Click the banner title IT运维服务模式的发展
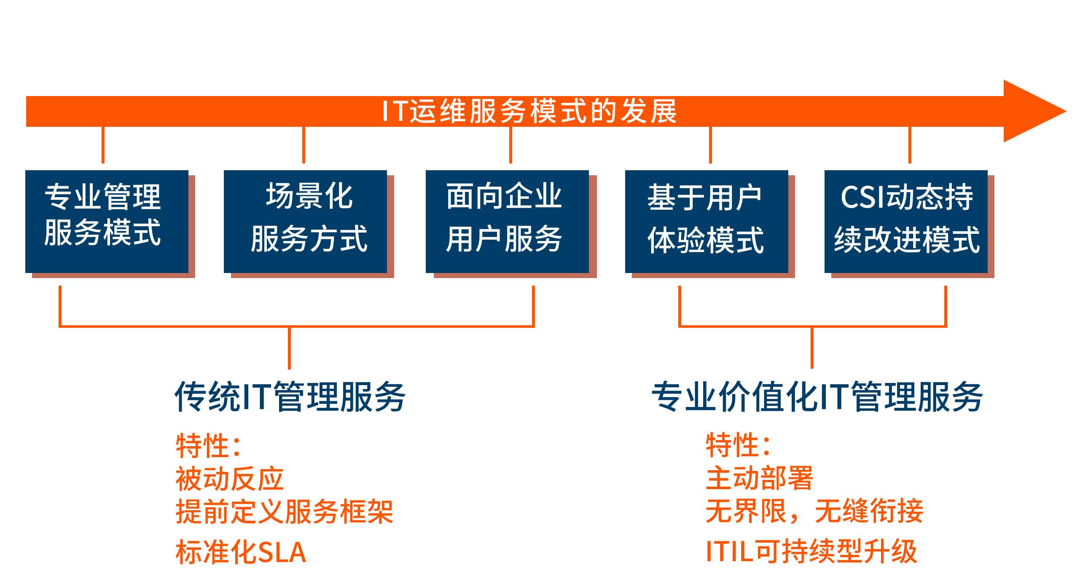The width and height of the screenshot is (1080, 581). coord(529,112)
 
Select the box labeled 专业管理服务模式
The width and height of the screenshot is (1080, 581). coord(107,222)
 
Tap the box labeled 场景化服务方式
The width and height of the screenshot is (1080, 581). coord(305,222)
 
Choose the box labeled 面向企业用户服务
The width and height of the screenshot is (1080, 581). coord(507,222)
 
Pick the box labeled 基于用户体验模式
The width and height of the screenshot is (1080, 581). coord(707,222)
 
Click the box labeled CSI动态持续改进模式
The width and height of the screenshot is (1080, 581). coord(906,222)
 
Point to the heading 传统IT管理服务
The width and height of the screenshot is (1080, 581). coord(290,396)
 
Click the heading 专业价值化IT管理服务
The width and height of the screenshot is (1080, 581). coord(817,396)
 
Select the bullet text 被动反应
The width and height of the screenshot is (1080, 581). coord(230,479)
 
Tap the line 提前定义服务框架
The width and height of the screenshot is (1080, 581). coord(285,511)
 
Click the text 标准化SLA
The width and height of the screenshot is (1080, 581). coord(241,552)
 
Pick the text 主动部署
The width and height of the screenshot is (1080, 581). coord(760,478)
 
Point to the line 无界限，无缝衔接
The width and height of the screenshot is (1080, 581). coord(814,511)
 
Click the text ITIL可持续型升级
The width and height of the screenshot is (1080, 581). coord(811,551)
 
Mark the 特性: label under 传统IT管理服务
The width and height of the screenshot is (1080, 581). coord(208,445)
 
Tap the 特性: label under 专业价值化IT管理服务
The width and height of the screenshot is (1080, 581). coord(739,444)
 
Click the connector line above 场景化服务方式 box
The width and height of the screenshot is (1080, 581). coord(304,145)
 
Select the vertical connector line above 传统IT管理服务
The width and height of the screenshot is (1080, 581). coord(289,348)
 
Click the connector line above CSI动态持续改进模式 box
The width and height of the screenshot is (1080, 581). coord(910,145)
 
